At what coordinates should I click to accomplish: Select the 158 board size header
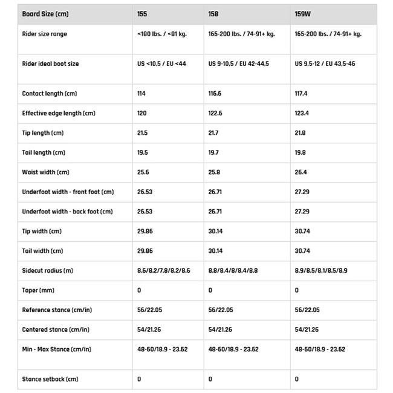point(213,13)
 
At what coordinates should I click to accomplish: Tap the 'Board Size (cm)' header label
point(45,13)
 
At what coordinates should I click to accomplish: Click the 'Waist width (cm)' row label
point(45,172)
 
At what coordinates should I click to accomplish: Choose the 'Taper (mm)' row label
point(38,290)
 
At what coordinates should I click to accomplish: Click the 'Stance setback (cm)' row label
point(50,379)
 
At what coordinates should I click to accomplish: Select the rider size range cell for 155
point(162,34)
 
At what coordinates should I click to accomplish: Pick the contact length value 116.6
point(215,94)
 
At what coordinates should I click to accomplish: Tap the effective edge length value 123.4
point(302,113)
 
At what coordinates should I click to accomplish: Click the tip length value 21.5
point(143,133)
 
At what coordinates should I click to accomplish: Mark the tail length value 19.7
point(213,153)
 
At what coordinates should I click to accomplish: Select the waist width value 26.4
point(300,172)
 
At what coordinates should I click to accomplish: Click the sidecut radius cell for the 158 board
point(233,271)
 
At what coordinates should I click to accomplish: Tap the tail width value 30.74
point(303,251)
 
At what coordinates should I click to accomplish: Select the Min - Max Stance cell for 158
point(233,349)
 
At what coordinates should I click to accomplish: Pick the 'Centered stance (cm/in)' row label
point(56,330)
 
